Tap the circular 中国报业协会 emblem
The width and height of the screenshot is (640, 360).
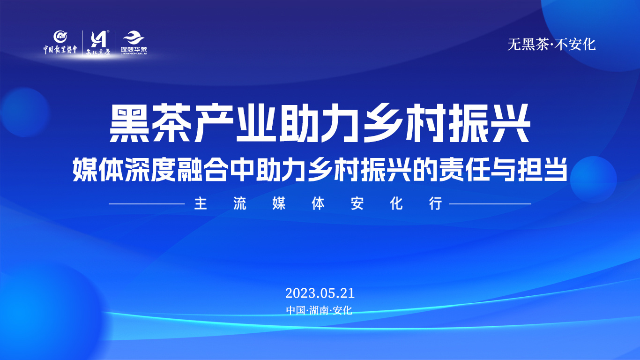coord(60,37)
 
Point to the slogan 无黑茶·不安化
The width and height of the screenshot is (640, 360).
coord(551,45)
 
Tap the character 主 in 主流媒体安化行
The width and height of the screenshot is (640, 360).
coord(201,204)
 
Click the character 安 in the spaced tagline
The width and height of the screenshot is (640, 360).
coord(357,204)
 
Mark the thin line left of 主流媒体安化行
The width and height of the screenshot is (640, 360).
coord(147,204)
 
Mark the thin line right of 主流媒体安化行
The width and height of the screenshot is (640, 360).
coord(490,204)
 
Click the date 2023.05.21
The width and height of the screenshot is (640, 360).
coord(320,293)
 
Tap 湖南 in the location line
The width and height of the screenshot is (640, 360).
coord(320,310)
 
